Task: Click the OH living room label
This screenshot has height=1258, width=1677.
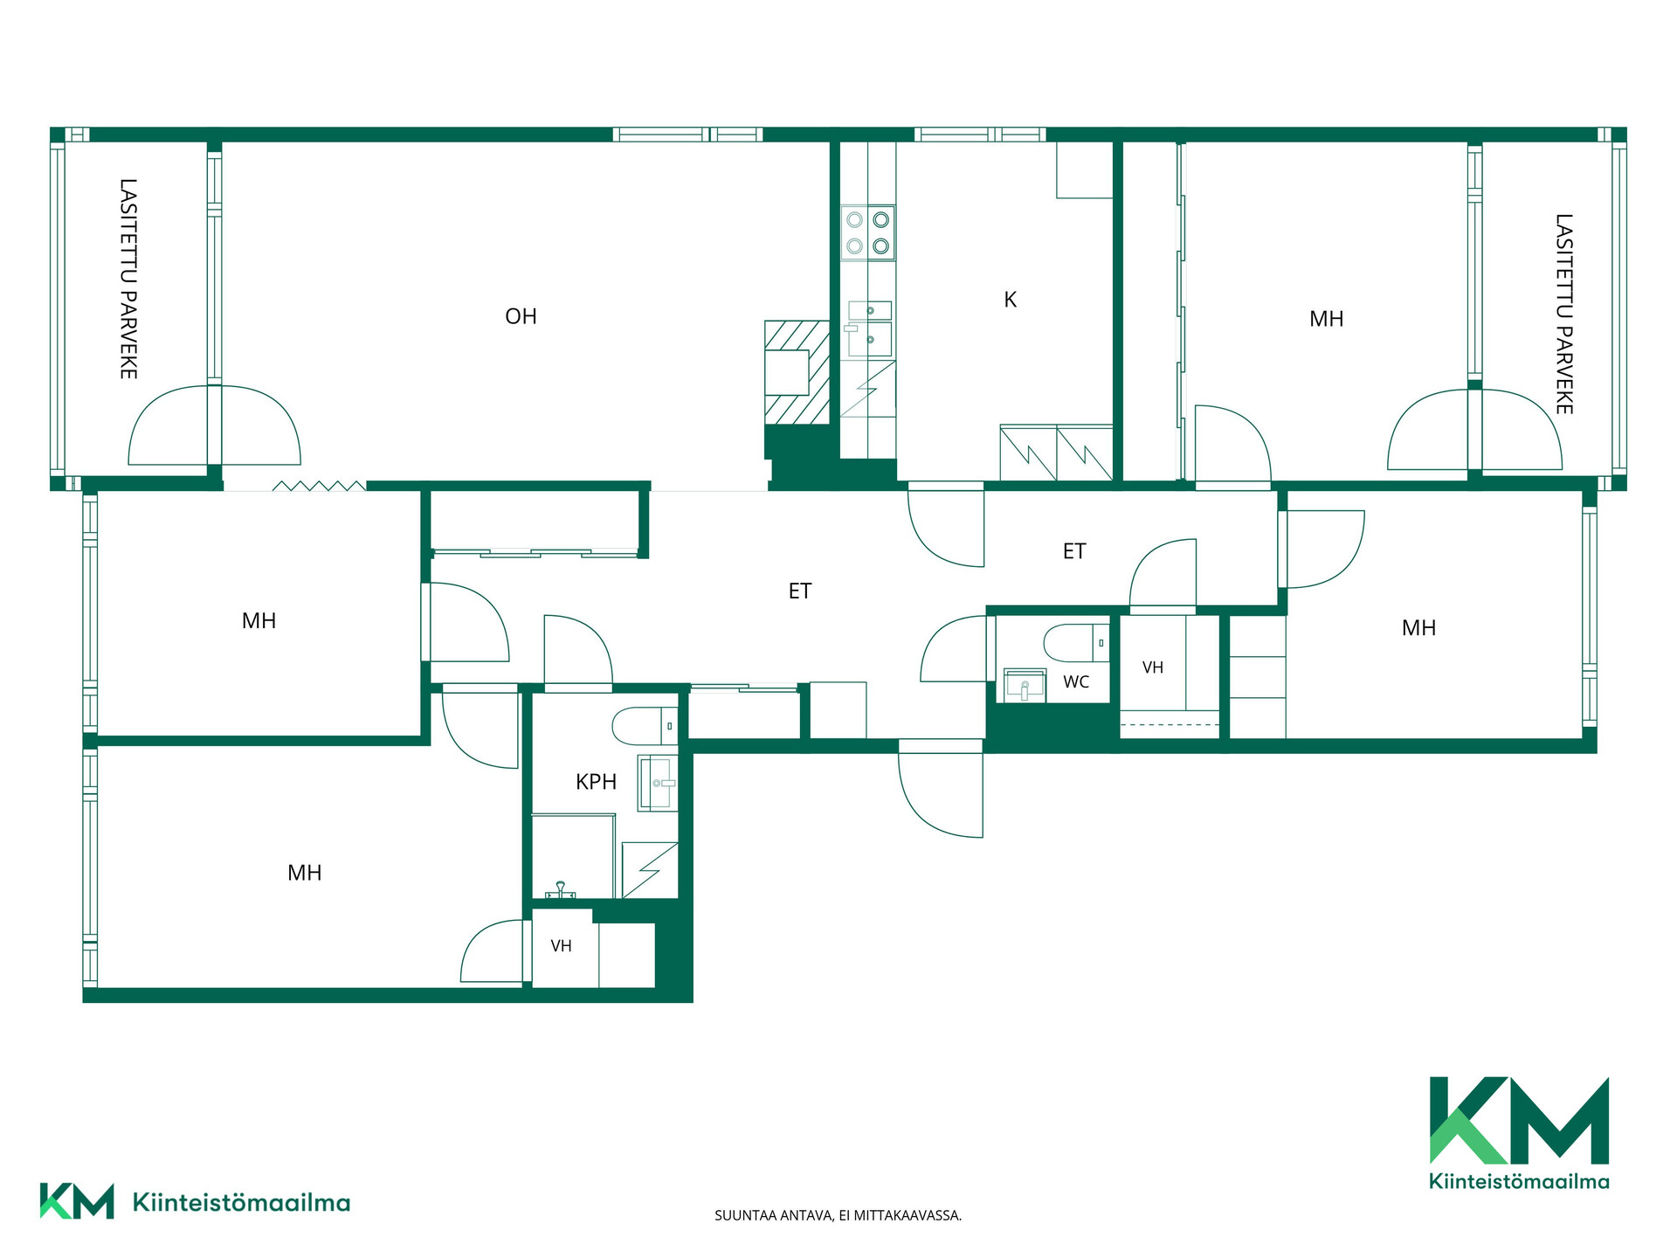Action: pyautogui.click(x=521, y=316)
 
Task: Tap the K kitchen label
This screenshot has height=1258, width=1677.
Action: pyautogui.click(x=1011, y=300)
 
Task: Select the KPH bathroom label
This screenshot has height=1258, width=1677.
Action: pyautogui.click(x=597, y=782)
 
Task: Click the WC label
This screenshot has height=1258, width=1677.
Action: pyautogui.click(x=1076, y=681)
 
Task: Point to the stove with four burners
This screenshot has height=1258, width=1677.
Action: pyautogui.click(x=868, y=232)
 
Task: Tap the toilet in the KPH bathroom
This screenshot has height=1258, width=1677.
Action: pyautogui.click(x=645, y=726)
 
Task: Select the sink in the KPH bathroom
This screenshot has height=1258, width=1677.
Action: pyautogui.click(x=658, y=783)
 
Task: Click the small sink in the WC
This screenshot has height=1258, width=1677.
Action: pyautogui.click(x=1025, y=685)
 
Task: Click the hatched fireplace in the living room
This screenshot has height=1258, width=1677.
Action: pyautogui.click(x=797, y=372)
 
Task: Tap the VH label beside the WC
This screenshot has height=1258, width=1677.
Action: pyautogui.click(x=1153, y=667)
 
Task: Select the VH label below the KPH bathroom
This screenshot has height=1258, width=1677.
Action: pyautogui.click(x=562, y=946)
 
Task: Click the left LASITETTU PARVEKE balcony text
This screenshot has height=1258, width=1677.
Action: pyautogui.click(x=128, y=279)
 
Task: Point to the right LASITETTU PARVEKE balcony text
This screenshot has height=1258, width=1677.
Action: pyautogui.click(x=1563, y=314)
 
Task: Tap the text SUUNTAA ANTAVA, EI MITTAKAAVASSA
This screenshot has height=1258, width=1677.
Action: pyautogui.click(x=838, y=1215)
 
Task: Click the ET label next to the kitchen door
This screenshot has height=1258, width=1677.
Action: pyautogui.click(x=1074, y=551)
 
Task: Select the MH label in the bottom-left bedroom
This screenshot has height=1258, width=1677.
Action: pyautogui.click(x=305, y=873)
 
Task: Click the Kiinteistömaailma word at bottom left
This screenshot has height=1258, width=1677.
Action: pyautogui.click(x=241, y=1203)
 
